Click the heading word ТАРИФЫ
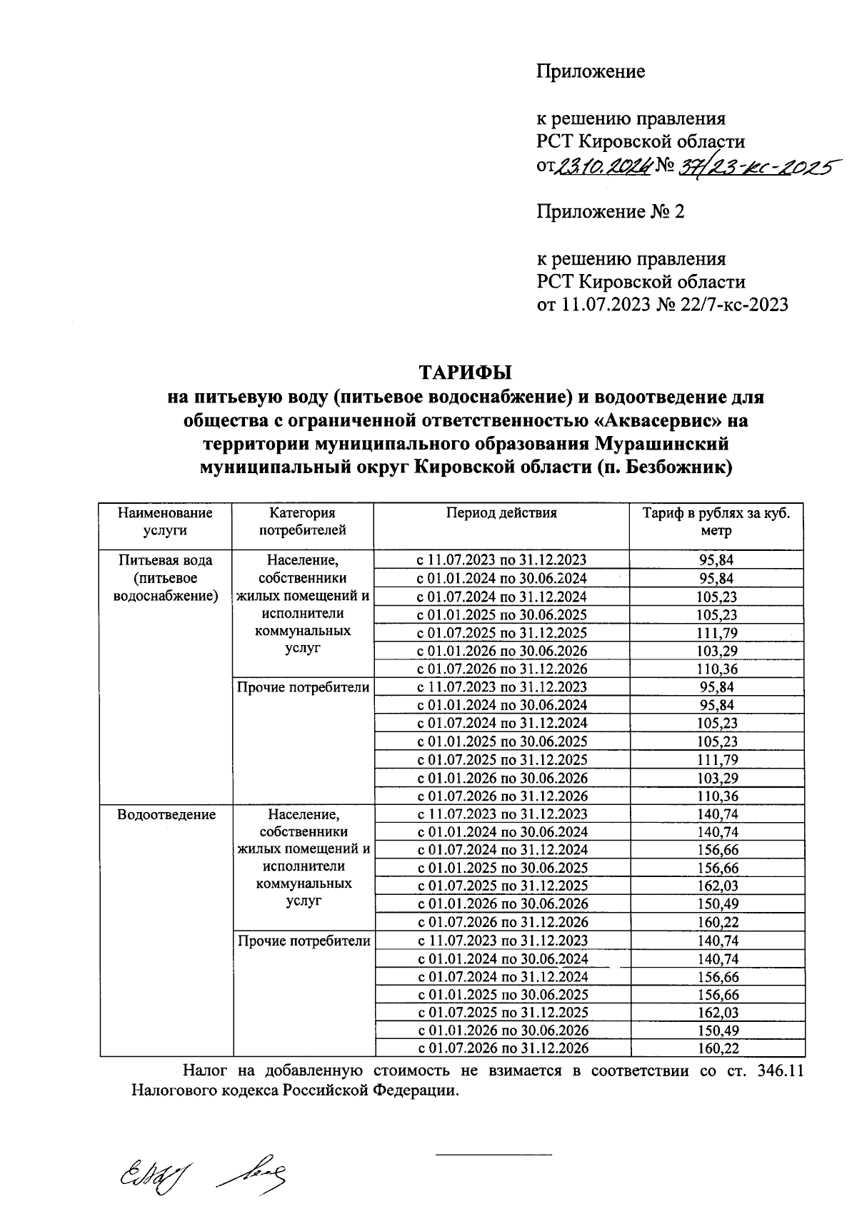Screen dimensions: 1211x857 466,373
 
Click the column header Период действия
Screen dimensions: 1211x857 501,512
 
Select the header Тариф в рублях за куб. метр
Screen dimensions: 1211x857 716,522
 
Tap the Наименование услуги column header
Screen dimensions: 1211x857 165,522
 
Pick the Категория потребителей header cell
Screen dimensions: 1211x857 302,522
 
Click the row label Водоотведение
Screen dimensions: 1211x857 166,815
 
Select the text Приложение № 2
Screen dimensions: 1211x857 610,212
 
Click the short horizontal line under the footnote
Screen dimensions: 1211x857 493,1154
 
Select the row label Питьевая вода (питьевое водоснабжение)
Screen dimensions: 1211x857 165,578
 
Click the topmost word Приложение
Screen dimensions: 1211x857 591,71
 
